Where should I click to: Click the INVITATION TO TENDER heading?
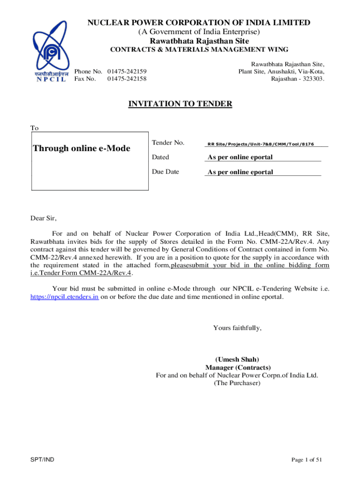[x=180, y=104]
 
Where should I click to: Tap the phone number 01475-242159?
[x=127, y=71]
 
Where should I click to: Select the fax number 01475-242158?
[x=127, y=79]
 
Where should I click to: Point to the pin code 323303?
[x=312, y=79]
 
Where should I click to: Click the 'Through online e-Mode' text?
[x=81, y=149]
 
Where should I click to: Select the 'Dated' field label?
[x=160, y=157]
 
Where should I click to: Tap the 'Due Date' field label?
[x=165, y=172]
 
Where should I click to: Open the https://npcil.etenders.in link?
[x=64, y=297]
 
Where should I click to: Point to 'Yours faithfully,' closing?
[x=237, y=328]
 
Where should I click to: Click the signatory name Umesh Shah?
[x=238, y=360]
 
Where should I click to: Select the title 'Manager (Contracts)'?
[x=238, y=368]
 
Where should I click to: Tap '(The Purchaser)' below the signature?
[x=237, y=383]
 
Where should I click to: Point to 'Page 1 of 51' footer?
[x=307, y=460]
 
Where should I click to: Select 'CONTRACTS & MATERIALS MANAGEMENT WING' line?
[x=199, y=50]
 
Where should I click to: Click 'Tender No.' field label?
[x=168, y=142]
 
